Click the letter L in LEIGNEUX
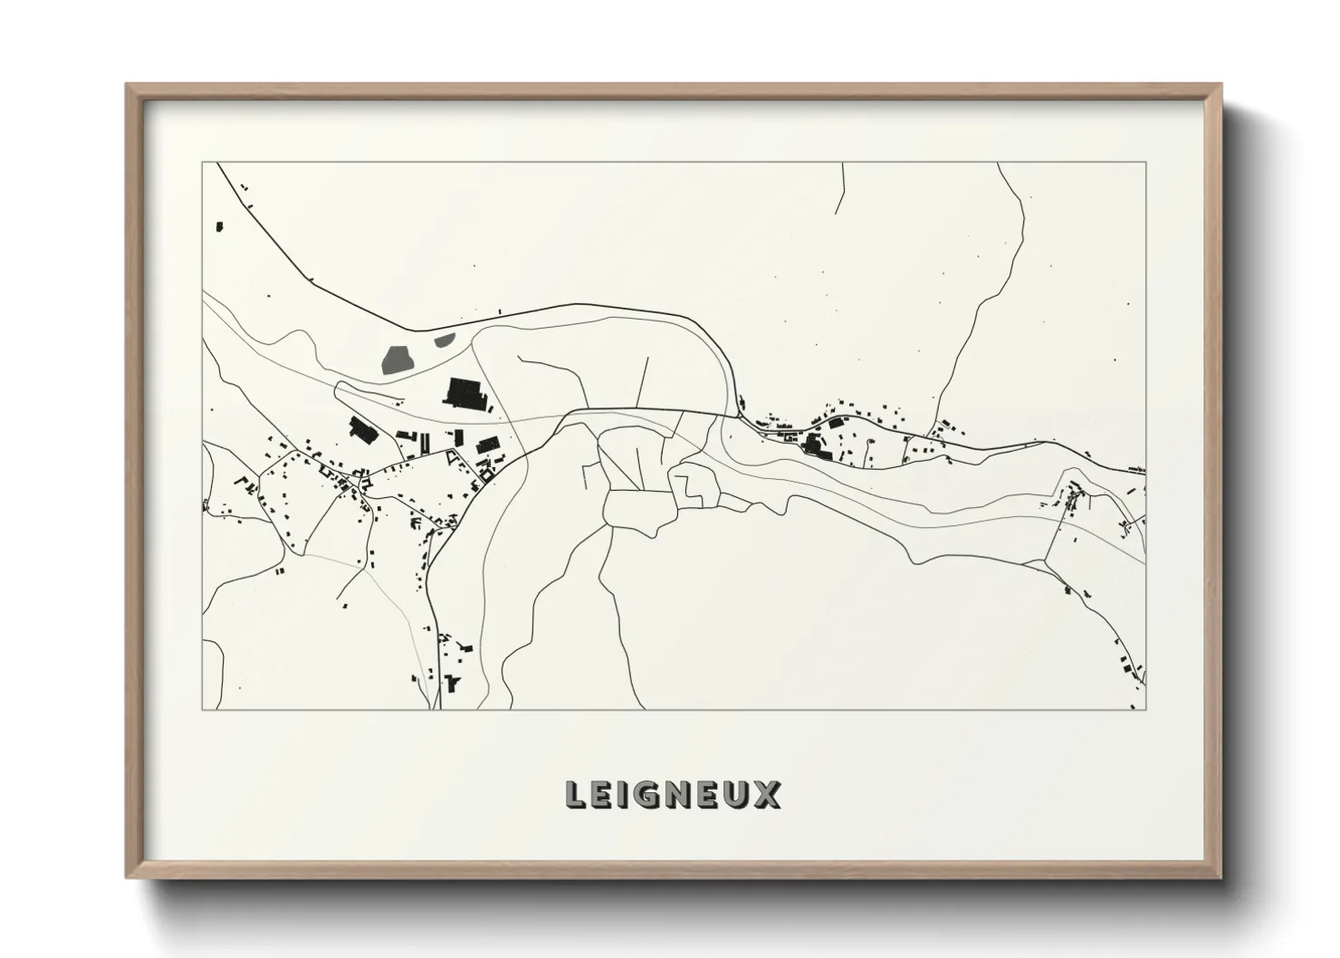575,795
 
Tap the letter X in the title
767,795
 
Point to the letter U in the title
738,795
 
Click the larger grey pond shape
397,359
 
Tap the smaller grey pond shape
444,340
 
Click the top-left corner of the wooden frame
127,85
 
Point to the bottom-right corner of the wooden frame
1220,877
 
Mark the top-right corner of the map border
1145,163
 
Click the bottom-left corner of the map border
203,709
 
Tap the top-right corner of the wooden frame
1220,85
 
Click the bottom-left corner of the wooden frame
127,877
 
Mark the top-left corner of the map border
203,163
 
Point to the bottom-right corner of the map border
1145,709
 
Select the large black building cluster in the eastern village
817,445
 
